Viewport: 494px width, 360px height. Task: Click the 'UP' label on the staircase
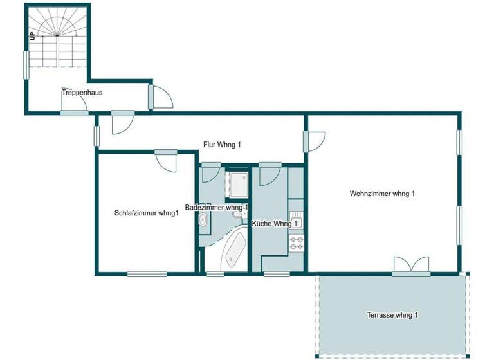[x=32, y=36]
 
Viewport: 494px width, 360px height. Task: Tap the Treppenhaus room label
[x=82, y=93]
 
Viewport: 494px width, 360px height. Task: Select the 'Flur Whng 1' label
[x=221, y=145]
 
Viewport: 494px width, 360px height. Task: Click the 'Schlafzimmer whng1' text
[x=146, y=213]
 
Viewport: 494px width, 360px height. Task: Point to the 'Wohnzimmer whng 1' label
[x=382, y=194]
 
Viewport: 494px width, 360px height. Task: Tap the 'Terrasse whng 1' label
[x=392, y=315]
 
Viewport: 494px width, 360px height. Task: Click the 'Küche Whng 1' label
[x=275, y=224]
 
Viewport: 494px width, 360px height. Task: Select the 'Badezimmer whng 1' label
[x=217, y=208]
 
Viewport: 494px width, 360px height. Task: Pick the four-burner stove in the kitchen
[x=297, y=243]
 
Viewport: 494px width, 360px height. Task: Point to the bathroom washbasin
[x=203, y=221]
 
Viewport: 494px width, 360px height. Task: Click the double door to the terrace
[x=411, y=265]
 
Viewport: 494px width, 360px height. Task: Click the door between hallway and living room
[x=315, y=141]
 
